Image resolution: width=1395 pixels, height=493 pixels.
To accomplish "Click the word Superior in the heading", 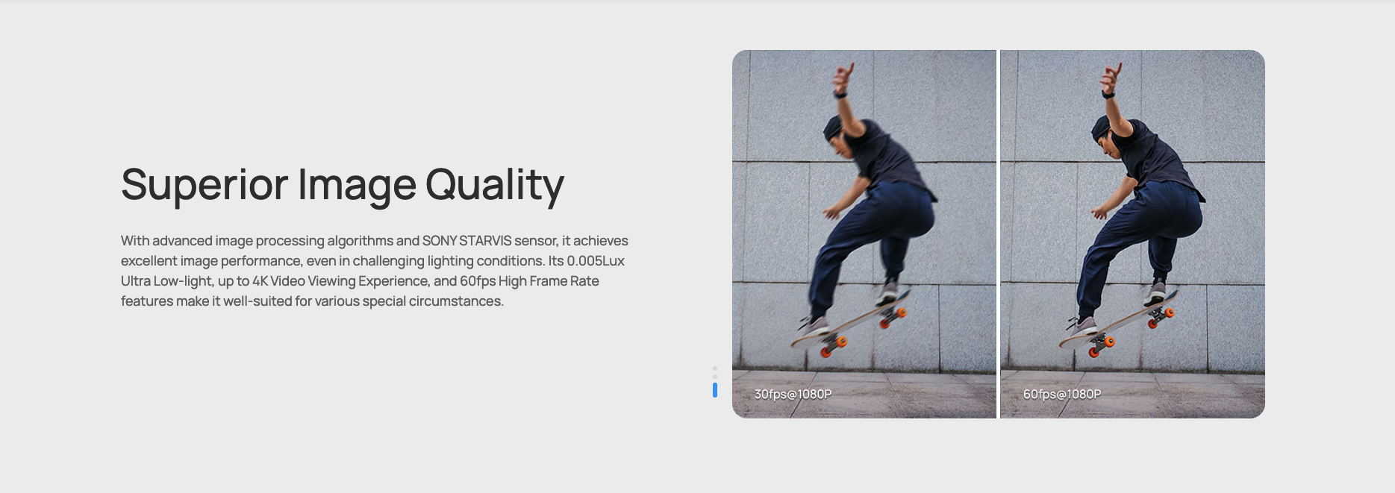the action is click(x=205, y=184).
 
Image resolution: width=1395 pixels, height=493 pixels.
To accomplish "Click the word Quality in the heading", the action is click(x=495, y=185).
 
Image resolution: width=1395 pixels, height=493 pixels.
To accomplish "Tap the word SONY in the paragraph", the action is click(x=439, y=241).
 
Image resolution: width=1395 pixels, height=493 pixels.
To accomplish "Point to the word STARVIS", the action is click(x=485, y=241).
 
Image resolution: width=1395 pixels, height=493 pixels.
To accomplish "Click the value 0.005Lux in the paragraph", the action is click(x=596, y=261).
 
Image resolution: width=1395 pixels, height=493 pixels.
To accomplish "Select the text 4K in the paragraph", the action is click(x=260, y=281).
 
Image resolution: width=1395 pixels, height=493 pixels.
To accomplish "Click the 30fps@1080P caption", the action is click(x=793, y=394).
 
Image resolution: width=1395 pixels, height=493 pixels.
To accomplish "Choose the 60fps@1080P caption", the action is click(x=1061, y=394).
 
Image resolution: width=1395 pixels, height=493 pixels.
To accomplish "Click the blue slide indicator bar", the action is click(x=715, y=390).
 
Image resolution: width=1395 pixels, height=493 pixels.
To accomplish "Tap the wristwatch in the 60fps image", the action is click(x=1108, y=94).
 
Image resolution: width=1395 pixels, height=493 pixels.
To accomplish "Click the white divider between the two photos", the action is click(x=999, y=234).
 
